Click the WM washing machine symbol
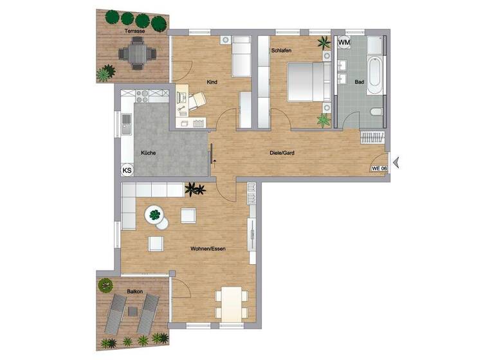click(x=344, y=42)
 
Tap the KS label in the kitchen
click(x=127, y=170)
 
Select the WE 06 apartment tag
click(x=379, y=168)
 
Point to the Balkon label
click(x=134, y=291)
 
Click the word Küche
click(x=149, y=152)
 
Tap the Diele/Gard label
click(x=282, y=153)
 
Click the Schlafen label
click(x=282, y=50)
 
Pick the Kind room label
click(x=211, y=82)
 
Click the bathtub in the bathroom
click(x=375, y=74)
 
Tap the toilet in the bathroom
click(x=377, y=113)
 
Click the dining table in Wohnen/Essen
click(x=231, y=302)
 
